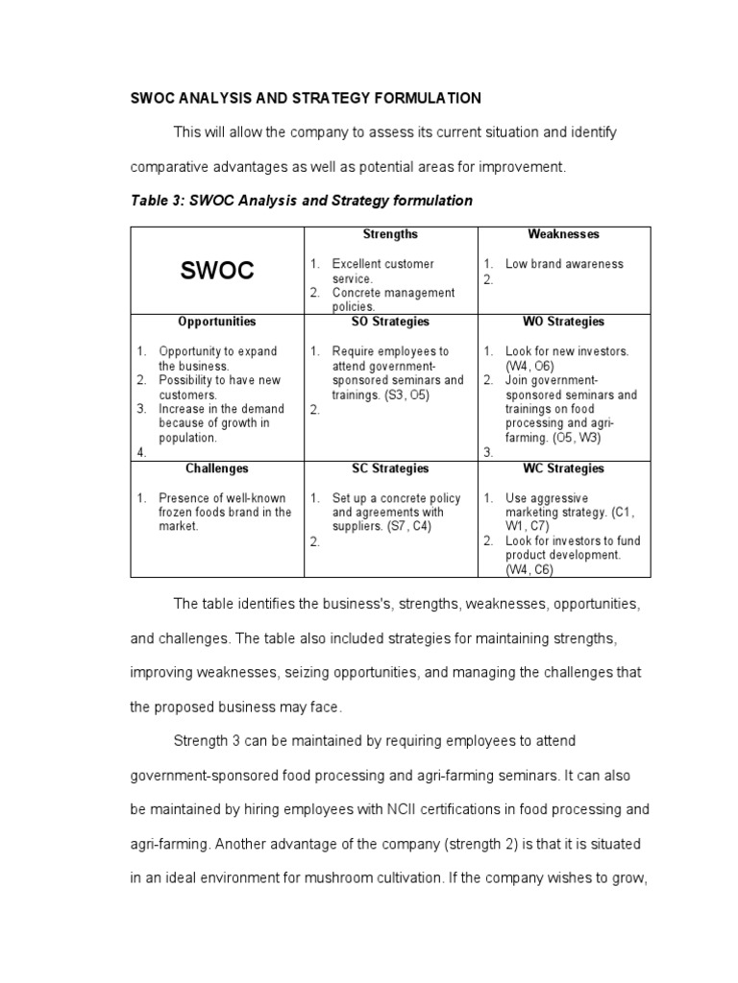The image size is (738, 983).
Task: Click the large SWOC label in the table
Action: [x=217, y=271]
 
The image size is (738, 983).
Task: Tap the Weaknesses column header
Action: [x=563, y=234]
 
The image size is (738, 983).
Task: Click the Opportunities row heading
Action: [x=217, y=322]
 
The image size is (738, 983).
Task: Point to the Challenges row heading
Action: [x=217, y=468]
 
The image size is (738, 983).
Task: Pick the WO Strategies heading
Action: [x=563, y=322]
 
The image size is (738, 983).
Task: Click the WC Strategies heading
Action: [x=563, y=468]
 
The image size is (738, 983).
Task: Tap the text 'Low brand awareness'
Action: [x=564, y=264]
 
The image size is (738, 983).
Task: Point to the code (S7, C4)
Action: [x=409, y=526]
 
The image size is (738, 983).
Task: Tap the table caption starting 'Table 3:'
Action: [x=301, y=201]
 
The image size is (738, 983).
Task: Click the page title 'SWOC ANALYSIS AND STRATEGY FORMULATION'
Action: [x=306, y=99]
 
